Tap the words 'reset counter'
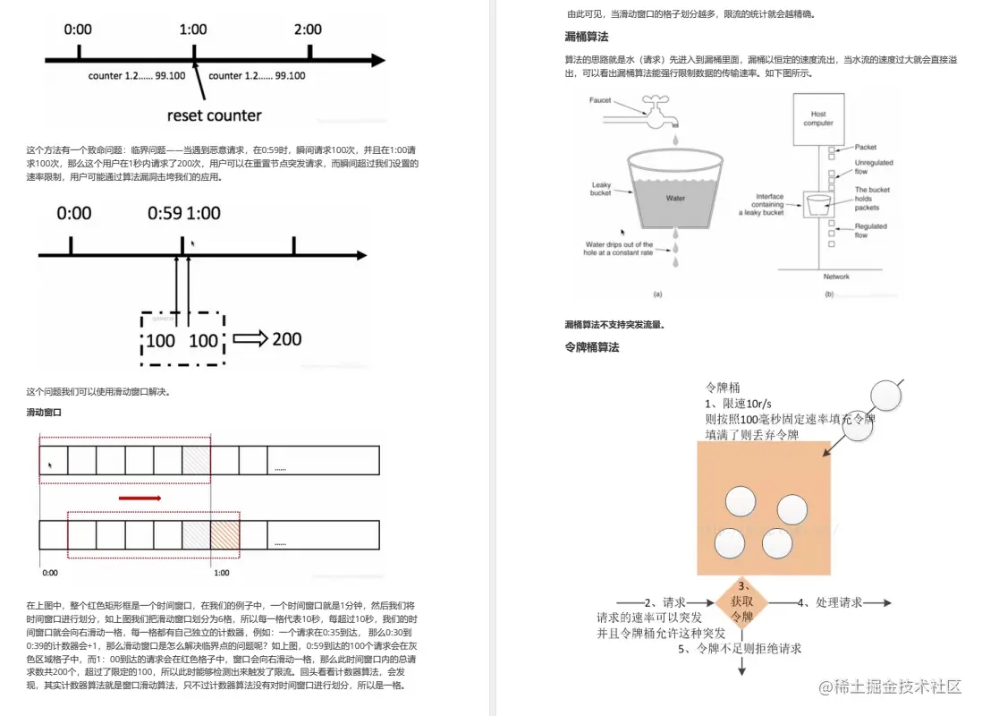[x=215, y=115]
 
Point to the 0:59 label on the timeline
[x=165, y=213]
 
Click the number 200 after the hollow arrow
[x=287, y=339]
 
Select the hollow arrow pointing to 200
[x=250, y=339]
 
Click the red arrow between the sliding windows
[x=140, y=497]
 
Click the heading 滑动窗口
[x=44, y=413]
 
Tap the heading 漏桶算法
[x=587, y=37]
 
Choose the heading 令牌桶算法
[x=592, y=346]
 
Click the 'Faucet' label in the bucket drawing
[x=600, y=100]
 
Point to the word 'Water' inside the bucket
[x=675, y=198]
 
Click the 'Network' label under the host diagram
[x=836, y=277]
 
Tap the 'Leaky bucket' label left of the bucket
[x=601, y=189]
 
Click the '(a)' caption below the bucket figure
[x=658, y=294]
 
